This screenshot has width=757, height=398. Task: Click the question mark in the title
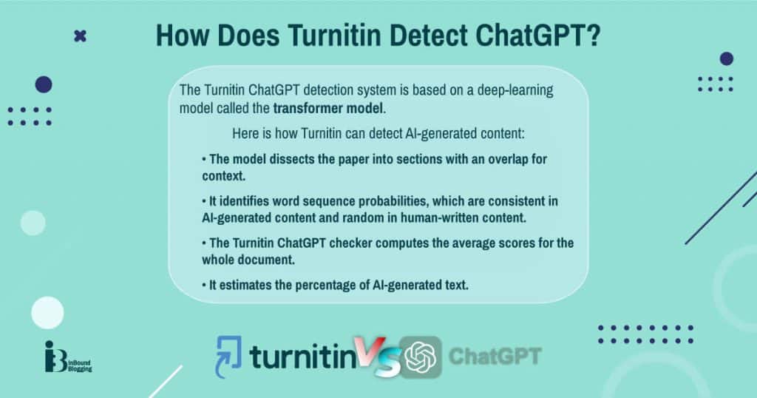(592, 36)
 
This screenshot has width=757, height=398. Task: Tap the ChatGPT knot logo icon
(420, 357)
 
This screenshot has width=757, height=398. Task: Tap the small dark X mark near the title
(80, 35)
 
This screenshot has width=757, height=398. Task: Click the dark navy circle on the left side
(44, 84)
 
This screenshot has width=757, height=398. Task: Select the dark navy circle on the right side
(727, 58)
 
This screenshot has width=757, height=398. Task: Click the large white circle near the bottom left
(47, 312)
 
